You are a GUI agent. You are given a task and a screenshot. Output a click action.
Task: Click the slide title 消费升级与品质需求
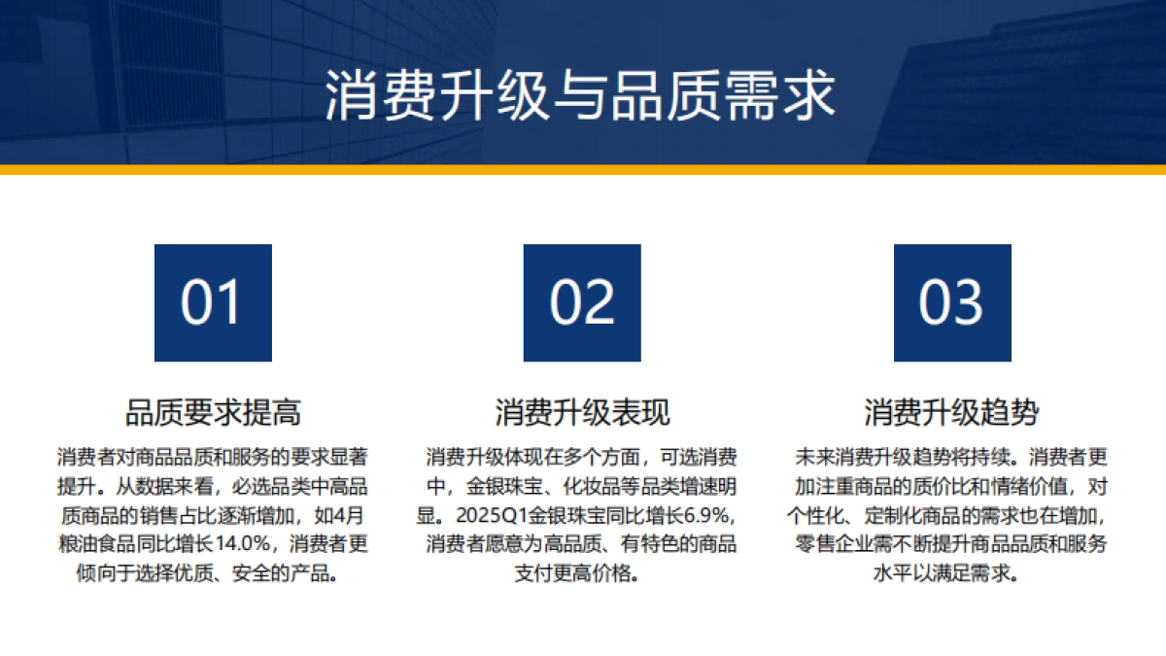click(580, 94)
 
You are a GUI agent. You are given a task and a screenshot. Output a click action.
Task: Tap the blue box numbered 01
click(213, 302)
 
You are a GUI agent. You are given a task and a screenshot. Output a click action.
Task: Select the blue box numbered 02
click(582, 302)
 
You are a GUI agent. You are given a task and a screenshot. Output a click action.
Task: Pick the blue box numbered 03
click(952, 302)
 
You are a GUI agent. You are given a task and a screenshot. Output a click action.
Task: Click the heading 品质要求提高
click(213, 412)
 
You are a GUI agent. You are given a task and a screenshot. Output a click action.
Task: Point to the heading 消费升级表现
click(582, 412)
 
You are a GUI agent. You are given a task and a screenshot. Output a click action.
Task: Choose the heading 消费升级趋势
click(952, 412)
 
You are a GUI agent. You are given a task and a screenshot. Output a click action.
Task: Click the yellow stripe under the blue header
click(583, 170)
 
